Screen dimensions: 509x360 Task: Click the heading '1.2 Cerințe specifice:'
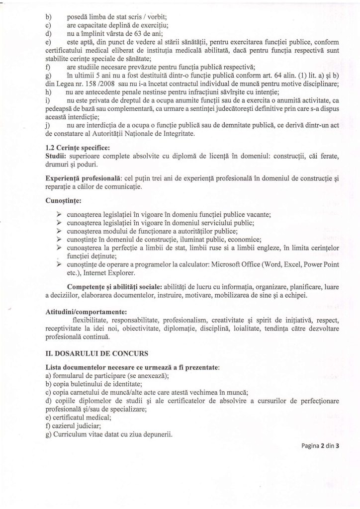[77, 147]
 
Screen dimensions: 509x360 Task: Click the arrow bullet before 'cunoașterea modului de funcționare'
[59, 232]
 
